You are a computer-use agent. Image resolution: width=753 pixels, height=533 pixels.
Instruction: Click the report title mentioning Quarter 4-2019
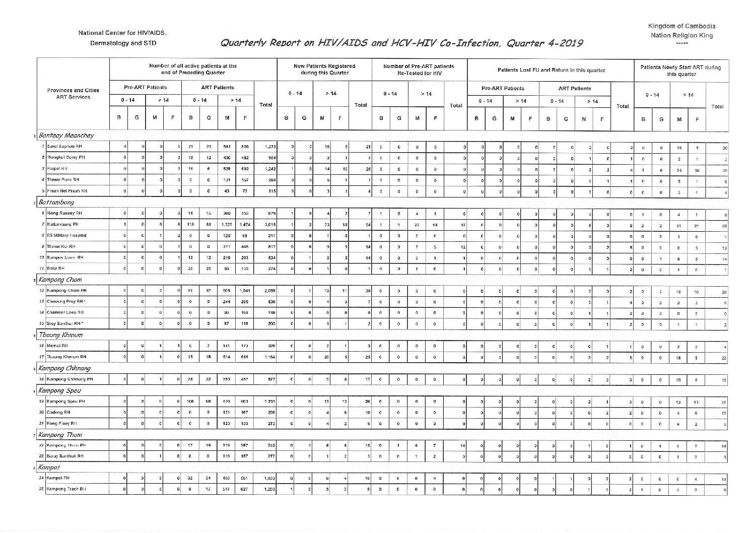tap(401, 43)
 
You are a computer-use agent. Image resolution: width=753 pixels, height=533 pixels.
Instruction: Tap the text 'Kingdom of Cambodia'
tap(681, 26)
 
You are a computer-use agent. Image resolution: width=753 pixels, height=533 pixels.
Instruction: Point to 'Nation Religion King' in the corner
tap(681, 35)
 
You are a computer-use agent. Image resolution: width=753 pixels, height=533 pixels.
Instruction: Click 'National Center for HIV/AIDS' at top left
tap(122, 33)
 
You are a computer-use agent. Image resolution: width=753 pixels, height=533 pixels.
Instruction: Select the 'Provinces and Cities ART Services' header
tap(73, 94)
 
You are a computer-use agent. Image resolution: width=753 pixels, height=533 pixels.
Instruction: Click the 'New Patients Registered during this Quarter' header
tap(324, 69)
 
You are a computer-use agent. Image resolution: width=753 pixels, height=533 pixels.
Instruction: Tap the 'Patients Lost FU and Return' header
tap(551, 70)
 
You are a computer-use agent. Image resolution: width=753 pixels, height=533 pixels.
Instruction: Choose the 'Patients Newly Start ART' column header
tap(680, 70)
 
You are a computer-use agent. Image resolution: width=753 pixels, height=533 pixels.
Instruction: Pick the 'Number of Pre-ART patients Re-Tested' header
tap(419, 69)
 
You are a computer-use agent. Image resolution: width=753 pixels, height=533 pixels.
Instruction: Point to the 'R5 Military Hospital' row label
tap(66, 235)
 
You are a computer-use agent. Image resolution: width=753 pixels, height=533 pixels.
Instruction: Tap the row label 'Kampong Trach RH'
tap(66, 489)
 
